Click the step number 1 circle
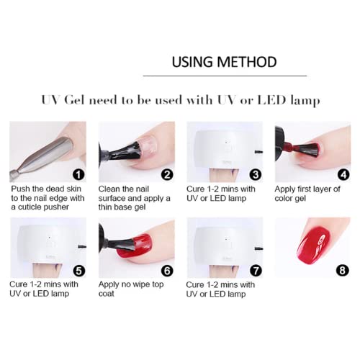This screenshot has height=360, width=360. click(78, 174)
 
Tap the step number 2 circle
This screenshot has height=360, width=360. click(167, 174)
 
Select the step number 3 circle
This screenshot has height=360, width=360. click(255, 174)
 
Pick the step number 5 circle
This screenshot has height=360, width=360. click(78, 271)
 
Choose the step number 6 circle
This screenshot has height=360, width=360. click(167, 271)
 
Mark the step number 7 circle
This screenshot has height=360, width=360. click(255, 271)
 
